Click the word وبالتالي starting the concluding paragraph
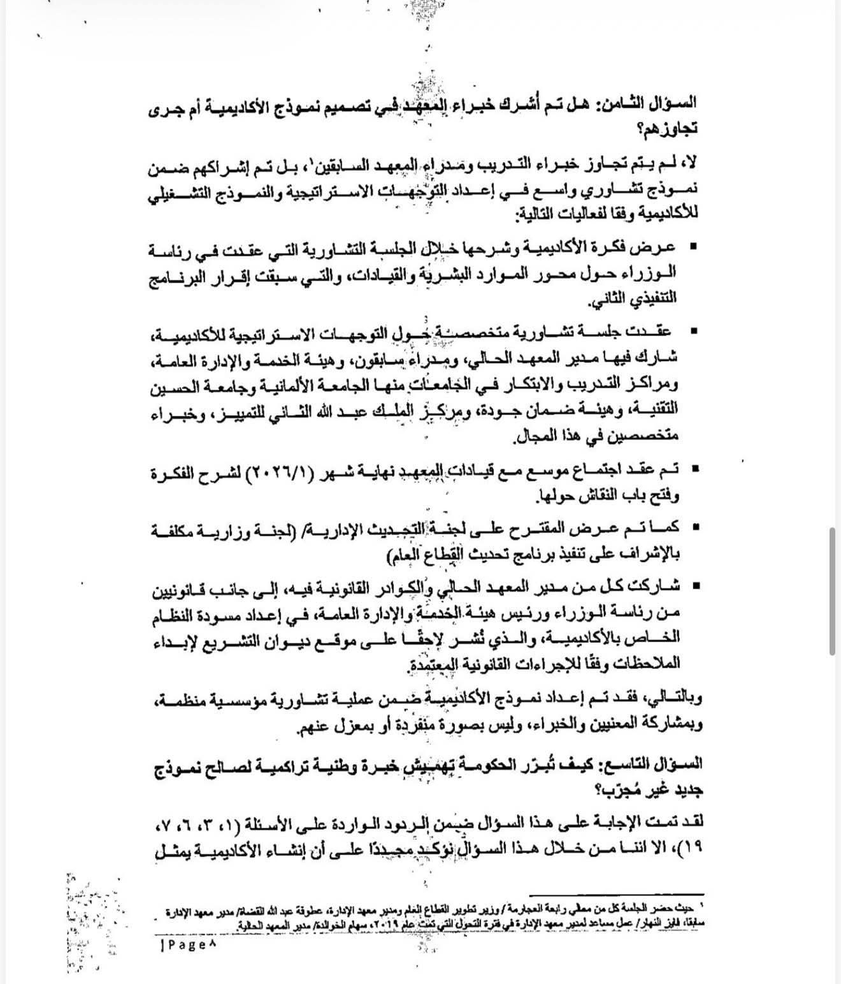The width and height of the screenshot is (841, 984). tap(676, 700)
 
